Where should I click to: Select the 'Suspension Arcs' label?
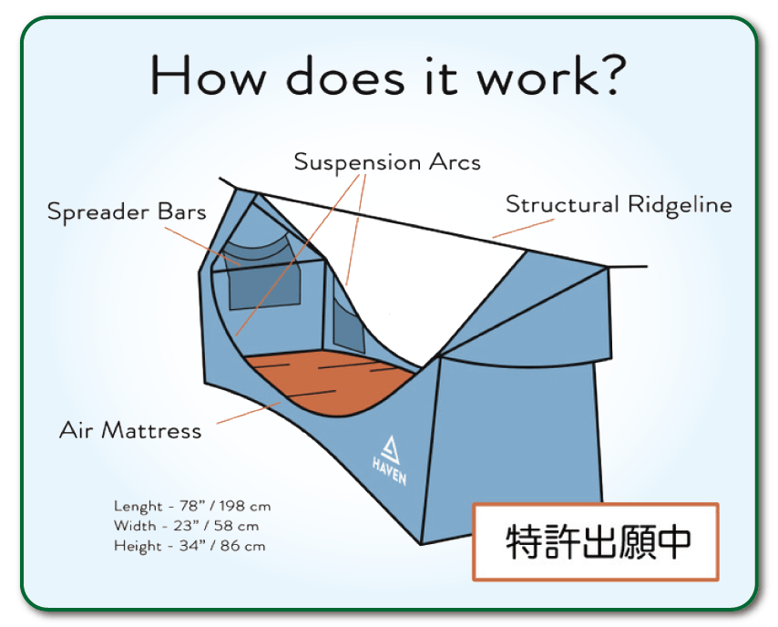[387, 162]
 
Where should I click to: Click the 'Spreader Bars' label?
[127, 212]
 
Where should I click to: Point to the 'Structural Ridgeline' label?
[619, 204]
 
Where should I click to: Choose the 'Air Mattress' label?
[130, 430]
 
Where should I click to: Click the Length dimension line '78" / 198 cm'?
[192, 506]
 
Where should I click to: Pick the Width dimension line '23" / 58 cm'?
[187, 526]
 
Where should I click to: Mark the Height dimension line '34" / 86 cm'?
[189, 546]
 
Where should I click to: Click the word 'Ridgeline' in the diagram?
[679, 204]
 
